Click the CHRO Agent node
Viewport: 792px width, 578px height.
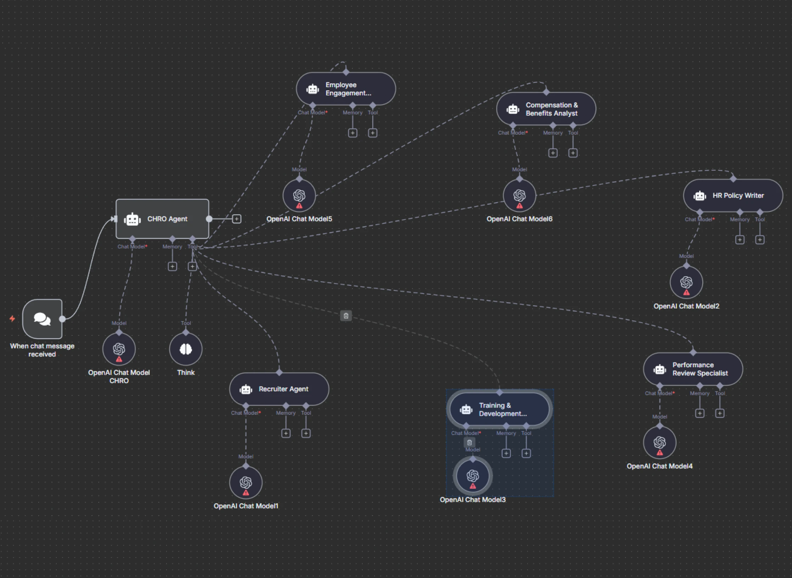click(x=162, y=219)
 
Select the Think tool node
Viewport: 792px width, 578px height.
click(x=186, y=349)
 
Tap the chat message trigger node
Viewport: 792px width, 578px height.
click(x=42, y=319)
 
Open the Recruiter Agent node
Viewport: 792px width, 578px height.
click(x=279, y=389)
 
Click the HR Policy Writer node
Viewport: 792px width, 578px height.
click(x=733, y=195)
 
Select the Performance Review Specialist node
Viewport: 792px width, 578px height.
click(x=693, y=369)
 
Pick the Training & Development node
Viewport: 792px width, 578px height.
click(x=499, y=409)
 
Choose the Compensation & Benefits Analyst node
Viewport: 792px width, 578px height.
click(x=546, y=109)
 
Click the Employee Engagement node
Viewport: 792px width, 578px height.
click(x=346, y=89)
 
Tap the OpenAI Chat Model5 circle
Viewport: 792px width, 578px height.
click(x=299, y=195)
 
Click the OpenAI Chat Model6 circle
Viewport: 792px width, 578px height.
click(x=520, y=195)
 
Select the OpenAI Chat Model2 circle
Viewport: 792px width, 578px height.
click(x=686, y=282)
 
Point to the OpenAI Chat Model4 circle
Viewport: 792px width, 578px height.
click(x=660, y=443)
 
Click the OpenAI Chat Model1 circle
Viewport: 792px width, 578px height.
click(x=246, y=482)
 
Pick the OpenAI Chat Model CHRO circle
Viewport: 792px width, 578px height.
click(x=119, y=349)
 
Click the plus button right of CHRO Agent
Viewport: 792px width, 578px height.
click(x=237, y=219)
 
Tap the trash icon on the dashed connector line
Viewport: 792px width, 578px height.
click(x=346, y=316)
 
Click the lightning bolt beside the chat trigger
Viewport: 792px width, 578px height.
click(x=12, y=319)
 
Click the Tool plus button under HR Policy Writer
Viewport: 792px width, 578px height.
click(x=760, y=240)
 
